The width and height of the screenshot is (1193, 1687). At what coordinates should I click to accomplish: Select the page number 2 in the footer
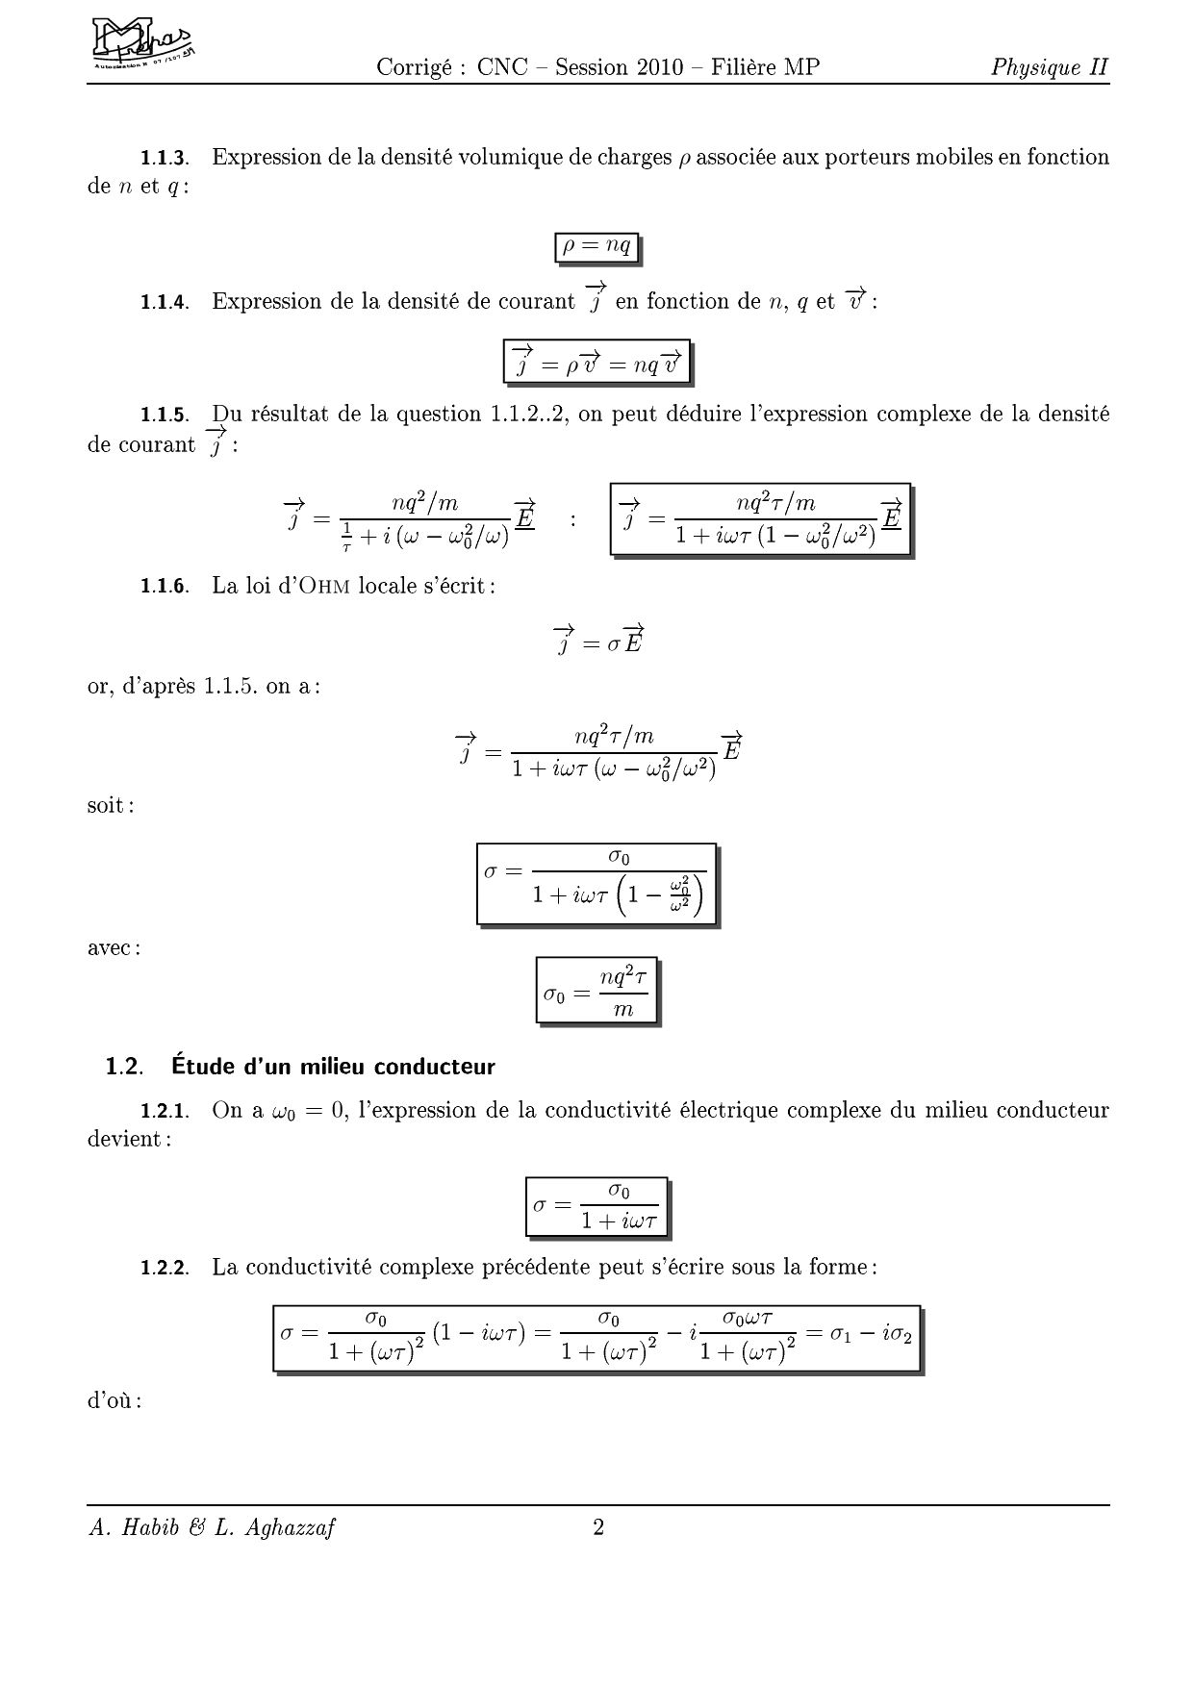(598, 1528)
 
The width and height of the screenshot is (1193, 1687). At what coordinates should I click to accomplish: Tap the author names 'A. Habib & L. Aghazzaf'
(212, 1528)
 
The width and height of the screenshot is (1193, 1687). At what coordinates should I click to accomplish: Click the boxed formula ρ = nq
(597, 247)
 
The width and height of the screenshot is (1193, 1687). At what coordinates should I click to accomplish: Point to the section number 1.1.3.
(165, 158)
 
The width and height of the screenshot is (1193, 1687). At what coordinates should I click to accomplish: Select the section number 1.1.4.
(165, 302)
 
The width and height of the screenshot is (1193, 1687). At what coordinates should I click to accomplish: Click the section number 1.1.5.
(165, 415)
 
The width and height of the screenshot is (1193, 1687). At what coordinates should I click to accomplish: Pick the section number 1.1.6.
(165, 587)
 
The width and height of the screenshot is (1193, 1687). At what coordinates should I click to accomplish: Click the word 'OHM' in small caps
(321, 587)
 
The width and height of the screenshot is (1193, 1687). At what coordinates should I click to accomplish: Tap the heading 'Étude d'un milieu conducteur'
(333, 1067)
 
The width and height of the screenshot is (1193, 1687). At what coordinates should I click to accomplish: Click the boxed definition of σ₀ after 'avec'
(596, 990)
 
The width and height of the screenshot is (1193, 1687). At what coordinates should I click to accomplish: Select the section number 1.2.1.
(165, 1112)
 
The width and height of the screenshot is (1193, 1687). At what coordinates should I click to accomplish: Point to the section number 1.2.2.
(165, 1268)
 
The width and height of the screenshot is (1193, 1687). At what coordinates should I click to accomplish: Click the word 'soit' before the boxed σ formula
(110, 805)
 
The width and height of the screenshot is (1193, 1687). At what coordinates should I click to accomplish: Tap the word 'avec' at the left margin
(114, 947)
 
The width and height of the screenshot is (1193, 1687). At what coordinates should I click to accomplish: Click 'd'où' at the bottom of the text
(114, 1400)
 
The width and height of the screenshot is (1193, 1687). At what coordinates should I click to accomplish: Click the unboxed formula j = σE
(597, 640)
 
